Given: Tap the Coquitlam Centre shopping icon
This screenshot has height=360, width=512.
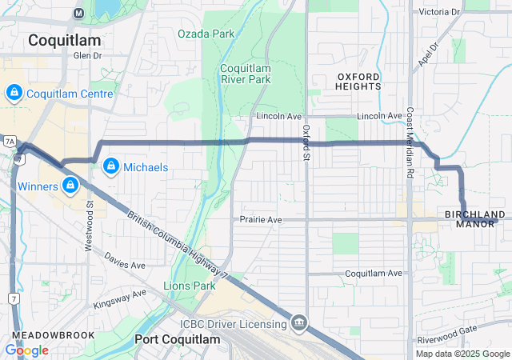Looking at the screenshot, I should pyautogui.click(x=13, y=94).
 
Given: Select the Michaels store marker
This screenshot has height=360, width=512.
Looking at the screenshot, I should pyautogui.click(x=110, y=167).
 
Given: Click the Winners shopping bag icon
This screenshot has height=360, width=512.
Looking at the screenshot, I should pyautogui.click(x=70, y=186).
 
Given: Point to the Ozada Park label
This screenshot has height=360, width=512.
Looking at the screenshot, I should pyautogui.click(x=206, y=34).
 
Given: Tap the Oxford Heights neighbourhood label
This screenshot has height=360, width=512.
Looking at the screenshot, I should pyautogui.click(x=358, y=81).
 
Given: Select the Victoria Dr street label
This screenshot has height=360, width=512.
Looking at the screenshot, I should pyautogui.click(x=439, y=12).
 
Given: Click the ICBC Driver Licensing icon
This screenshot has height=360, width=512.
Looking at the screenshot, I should pyautogui.click(x=299, y=323).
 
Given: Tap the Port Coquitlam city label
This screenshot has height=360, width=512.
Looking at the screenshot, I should pyautogui.click(x=177, y=339).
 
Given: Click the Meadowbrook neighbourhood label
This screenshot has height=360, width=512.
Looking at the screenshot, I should pyautogui.click(x=54, y=335).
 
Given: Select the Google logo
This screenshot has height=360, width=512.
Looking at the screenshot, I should pyautogui.click(x=26, y=350).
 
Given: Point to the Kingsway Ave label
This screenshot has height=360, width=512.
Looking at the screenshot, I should pyautogui.click(x=119, y=298).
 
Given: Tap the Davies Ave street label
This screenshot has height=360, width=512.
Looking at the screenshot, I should pyautogui.click(x=126, y=264).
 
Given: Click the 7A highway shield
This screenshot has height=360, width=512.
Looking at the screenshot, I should pyautogui.click(x=10, y=141).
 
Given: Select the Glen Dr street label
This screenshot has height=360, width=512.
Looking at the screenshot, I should pyautogui.click(x=88, y=56).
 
